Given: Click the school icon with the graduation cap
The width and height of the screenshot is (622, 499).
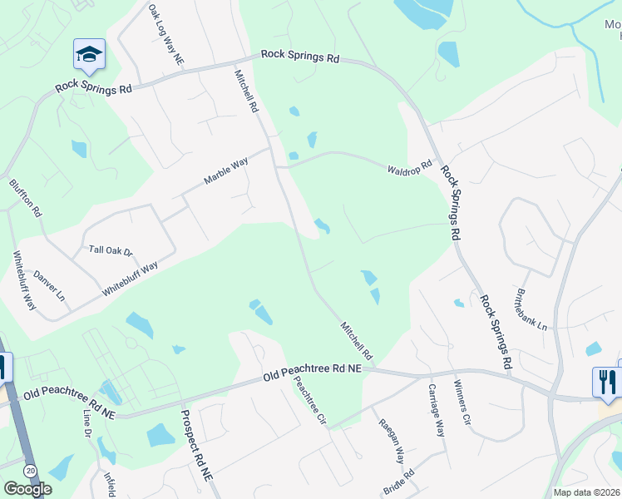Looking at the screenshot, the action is click(x=89, y=55).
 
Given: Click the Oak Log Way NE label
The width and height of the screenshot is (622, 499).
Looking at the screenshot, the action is click(x=165, y=35).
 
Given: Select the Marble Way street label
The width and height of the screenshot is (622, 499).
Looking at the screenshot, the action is click(x=226, y=172).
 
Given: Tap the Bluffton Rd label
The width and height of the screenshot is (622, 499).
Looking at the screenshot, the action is click(x=25, y=198).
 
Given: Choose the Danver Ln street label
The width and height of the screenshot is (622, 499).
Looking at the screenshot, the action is click(x=49, y=285).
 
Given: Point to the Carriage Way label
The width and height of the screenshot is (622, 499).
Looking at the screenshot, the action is click(x=437, y=411).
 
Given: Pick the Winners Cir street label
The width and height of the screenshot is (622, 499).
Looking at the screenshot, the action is click(x=462, y=403).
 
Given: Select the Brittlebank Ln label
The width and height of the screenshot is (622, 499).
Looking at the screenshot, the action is click(x=531, y=310).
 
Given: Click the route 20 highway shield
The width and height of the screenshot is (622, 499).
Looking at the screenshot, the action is click(x=30, y=471).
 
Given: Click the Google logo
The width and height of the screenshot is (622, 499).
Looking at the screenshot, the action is click(x=27, y=489).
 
